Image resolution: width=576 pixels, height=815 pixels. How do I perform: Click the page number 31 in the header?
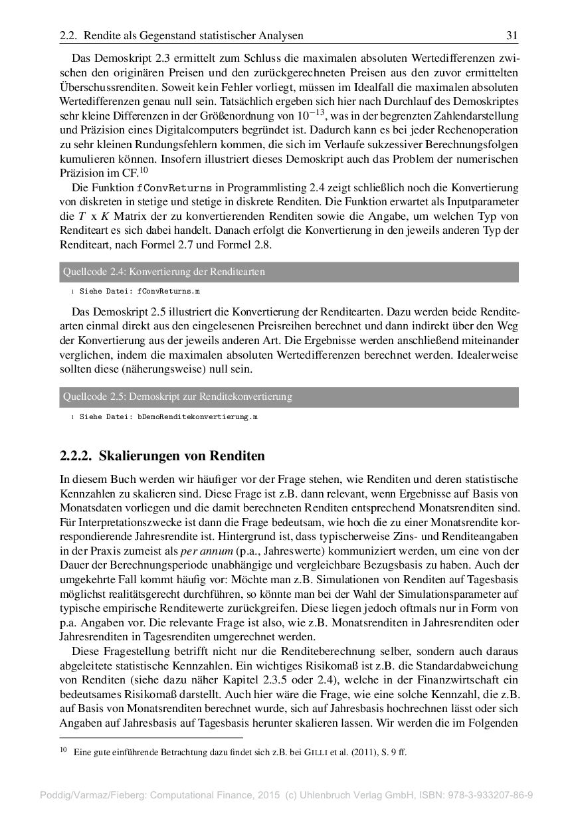[512, 35]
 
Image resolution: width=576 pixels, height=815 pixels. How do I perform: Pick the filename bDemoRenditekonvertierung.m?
[198, 417]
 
